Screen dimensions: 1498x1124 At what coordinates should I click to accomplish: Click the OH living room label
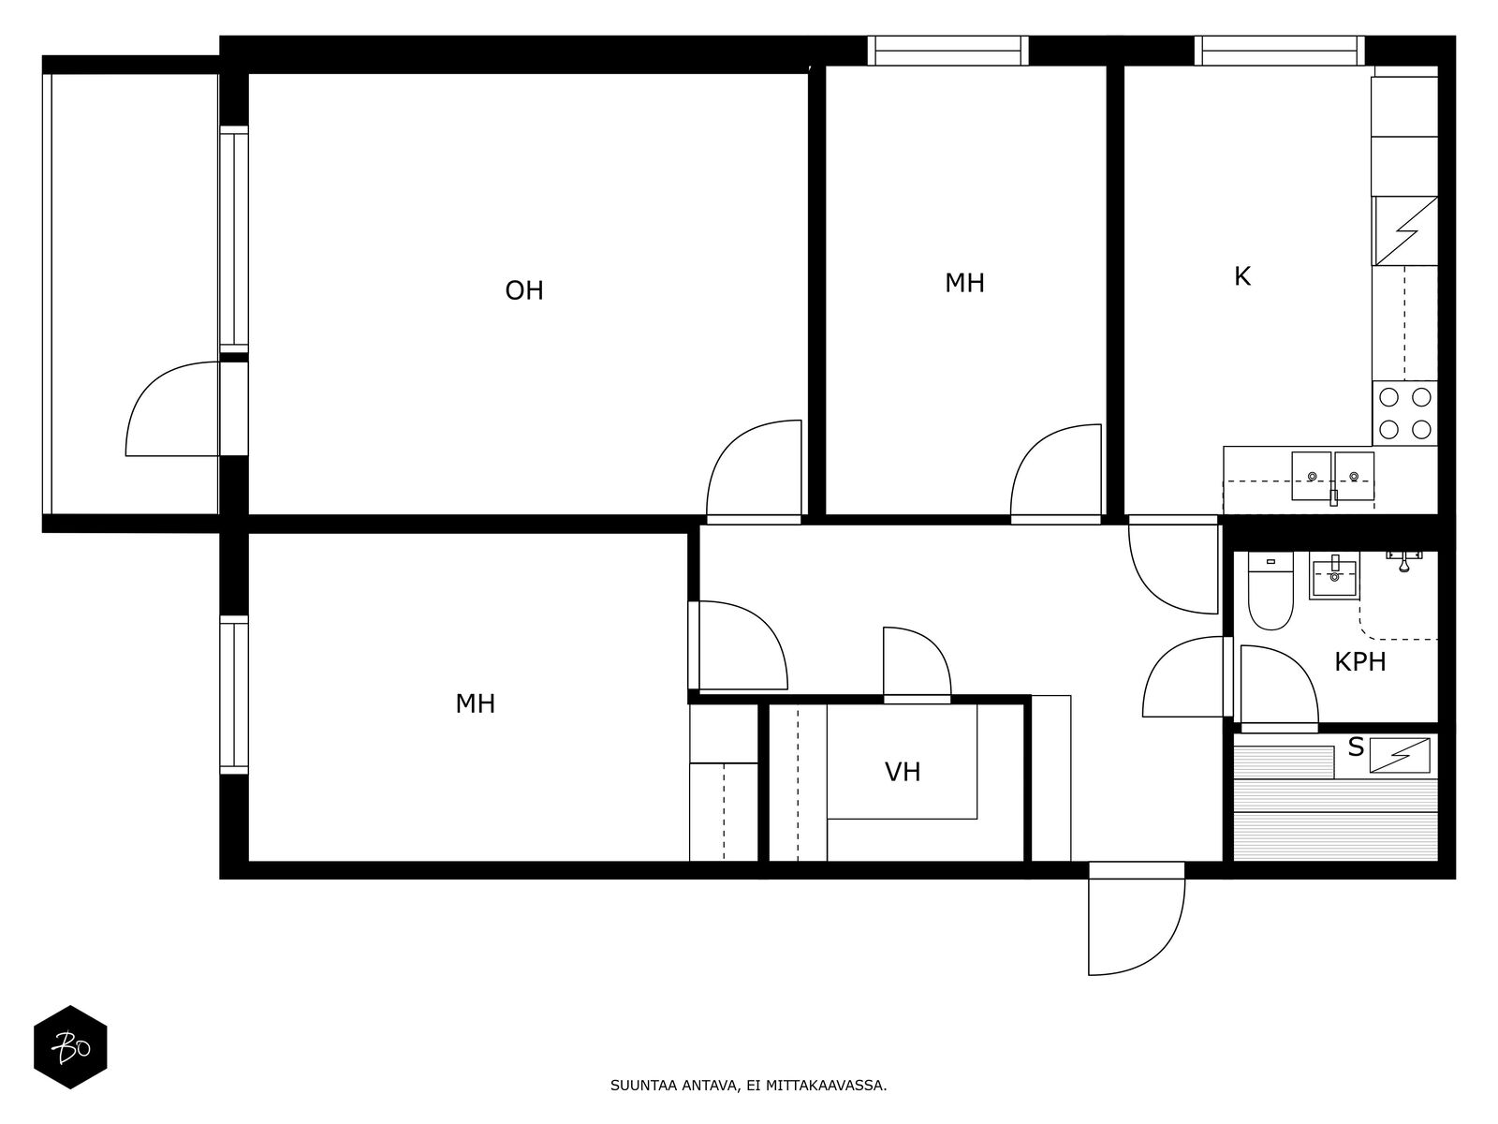524,290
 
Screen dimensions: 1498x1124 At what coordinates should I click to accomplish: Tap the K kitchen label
1242,276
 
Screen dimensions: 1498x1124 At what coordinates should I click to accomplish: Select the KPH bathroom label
1360,662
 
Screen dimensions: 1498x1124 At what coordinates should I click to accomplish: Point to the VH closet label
903,772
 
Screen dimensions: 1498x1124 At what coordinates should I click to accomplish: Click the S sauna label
1356,747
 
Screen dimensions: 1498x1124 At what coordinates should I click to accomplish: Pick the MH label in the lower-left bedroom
475,703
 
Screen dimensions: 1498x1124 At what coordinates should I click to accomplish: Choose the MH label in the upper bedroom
964,283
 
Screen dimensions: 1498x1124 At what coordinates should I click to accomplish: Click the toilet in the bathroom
1270,591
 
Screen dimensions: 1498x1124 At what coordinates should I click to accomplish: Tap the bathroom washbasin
1334,576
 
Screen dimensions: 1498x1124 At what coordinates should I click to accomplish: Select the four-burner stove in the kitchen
1404,413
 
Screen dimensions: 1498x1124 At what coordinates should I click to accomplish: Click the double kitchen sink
1332,476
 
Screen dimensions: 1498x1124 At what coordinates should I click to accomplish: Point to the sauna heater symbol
1400,756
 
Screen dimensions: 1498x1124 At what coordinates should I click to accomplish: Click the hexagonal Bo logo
70,1047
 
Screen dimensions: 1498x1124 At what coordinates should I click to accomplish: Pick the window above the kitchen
1279,51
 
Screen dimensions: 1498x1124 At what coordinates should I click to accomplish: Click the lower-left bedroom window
233,695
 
